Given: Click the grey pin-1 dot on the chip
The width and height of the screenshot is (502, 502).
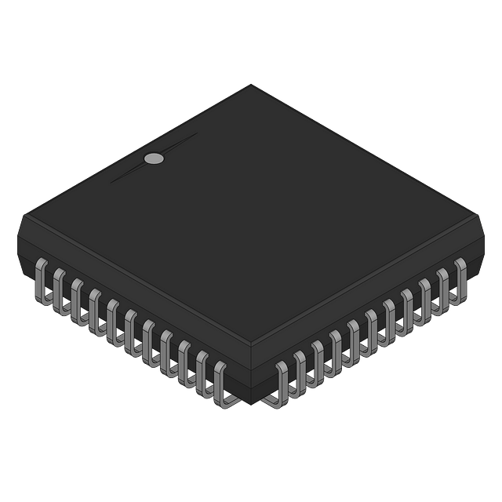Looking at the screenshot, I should (155, 159).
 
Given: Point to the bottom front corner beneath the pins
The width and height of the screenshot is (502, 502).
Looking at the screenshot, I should (251, 403).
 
